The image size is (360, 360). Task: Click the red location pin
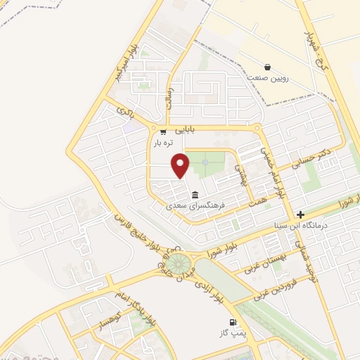181,165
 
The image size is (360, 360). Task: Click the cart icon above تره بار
163,131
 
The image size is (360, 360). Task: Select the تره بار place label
163,143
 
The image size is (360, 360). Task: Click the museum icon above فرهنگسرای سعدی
195,195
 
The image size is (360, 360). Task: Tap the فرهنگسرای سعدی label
195,206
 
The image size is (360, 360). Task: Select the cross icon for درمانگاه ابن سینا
301,214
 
